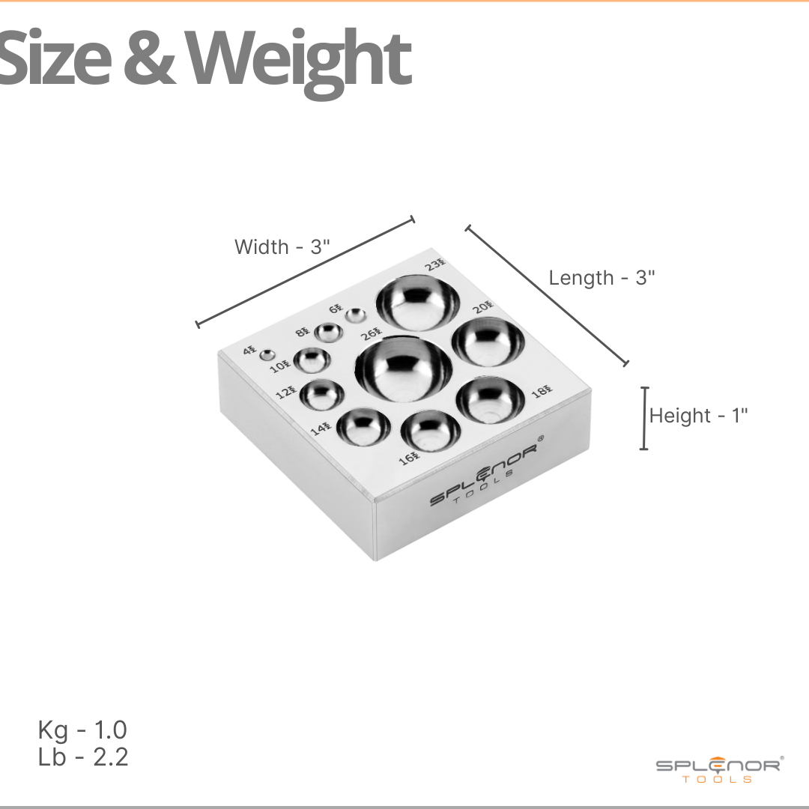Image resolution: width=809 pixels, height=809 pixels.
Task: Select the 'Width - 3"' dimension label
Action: tap(282, 246)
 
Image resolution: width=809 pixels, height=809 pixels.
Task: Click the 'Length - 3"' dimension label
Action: tap(602, 277)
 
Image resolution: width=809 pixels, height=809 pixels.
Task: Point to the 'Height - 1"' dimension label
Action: tap(698, 416)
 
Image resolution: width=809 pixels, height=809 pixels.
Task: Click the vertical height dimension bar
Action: tap(643, 418)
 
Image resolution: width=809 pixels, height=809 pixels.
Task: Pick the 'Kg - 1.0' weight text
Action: tap(82, 730)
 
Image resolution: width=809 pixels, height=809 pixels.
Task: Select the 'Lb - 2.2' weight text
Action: tap(83, 757)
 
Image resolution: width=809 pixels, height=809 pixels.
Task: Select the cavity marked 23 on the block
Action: tap(417, 303)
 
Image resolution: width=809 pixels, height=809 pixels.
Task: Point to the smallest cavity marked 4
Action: tap(267, 356)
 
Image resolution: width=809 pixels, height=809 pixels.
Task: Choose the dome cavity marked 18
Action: tap(490, 399)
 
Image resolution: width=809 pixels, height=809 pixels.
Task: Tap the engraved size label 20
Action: tap(482, 306)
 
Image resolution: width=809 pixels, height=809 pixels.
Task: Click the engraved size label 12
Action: tap(285, 392)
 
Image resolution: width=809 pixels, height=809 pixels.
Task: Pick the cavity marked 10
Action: tap(312, 360)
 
